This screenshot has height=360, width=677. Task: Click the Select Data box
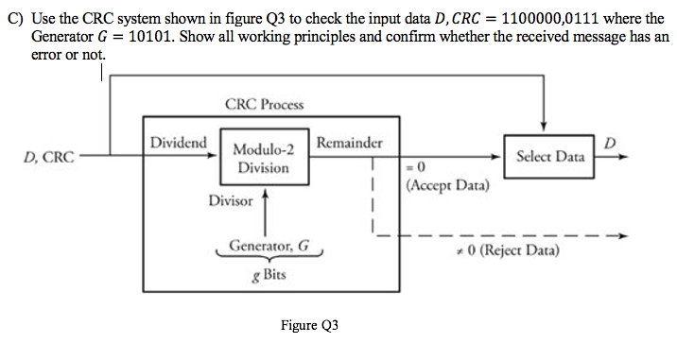point(549,156)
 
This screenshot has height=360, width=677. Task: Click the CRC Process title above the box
point(265,105)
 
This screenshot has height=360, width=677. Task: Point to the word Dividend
point(179,143)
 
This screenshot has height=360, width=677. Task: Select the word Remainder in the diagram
point(350,143)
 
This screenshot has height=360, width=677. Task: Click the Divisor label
point(231,201)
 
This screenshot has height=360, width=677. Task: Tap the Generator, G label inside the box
point(269,245)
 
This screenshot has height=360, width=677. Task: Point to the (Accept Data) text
point(446,186)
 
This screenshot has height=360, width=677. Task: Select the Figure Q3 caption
point(308,326)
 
